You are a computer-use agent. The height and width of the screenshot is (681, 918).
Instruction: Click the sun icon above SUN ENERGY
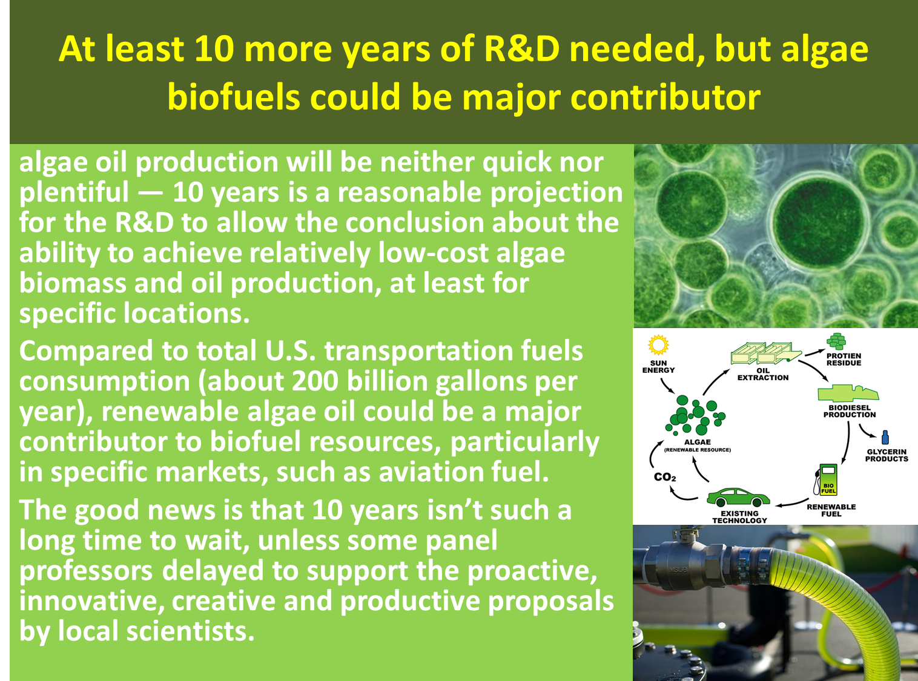[658, 345]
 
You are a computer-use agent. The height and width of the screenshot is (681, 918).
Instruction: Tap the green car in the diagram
[738, 498]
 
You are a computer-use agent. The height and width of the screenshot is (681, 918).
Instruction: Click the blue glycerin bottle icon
[885, 437]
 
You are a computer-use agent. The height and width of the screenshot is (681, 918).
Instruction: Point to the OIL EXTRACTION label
[763, 374]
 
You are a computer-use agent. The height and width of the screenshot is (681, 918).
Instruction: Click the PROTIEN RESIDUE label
[844, 360]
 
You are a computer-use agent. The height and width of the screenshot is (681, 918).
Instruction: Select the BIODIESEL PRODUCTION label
[850, 411]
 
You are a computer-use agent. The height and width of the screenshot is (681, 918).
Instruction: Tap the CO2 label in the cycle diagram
[665, 477]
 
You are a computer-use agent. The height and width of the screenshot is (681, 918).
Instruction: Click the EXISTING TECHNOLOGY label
[739, 517]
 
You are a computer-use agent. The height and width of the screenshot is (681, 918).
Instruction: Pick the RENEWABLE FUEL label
[831, 510]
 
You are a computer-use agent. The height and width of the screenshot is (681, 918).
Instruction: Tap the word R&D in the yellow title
[522, 50]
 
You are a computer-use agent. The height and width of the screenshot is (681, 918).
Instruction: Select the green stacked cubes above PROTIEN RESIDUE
[836, 341]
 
